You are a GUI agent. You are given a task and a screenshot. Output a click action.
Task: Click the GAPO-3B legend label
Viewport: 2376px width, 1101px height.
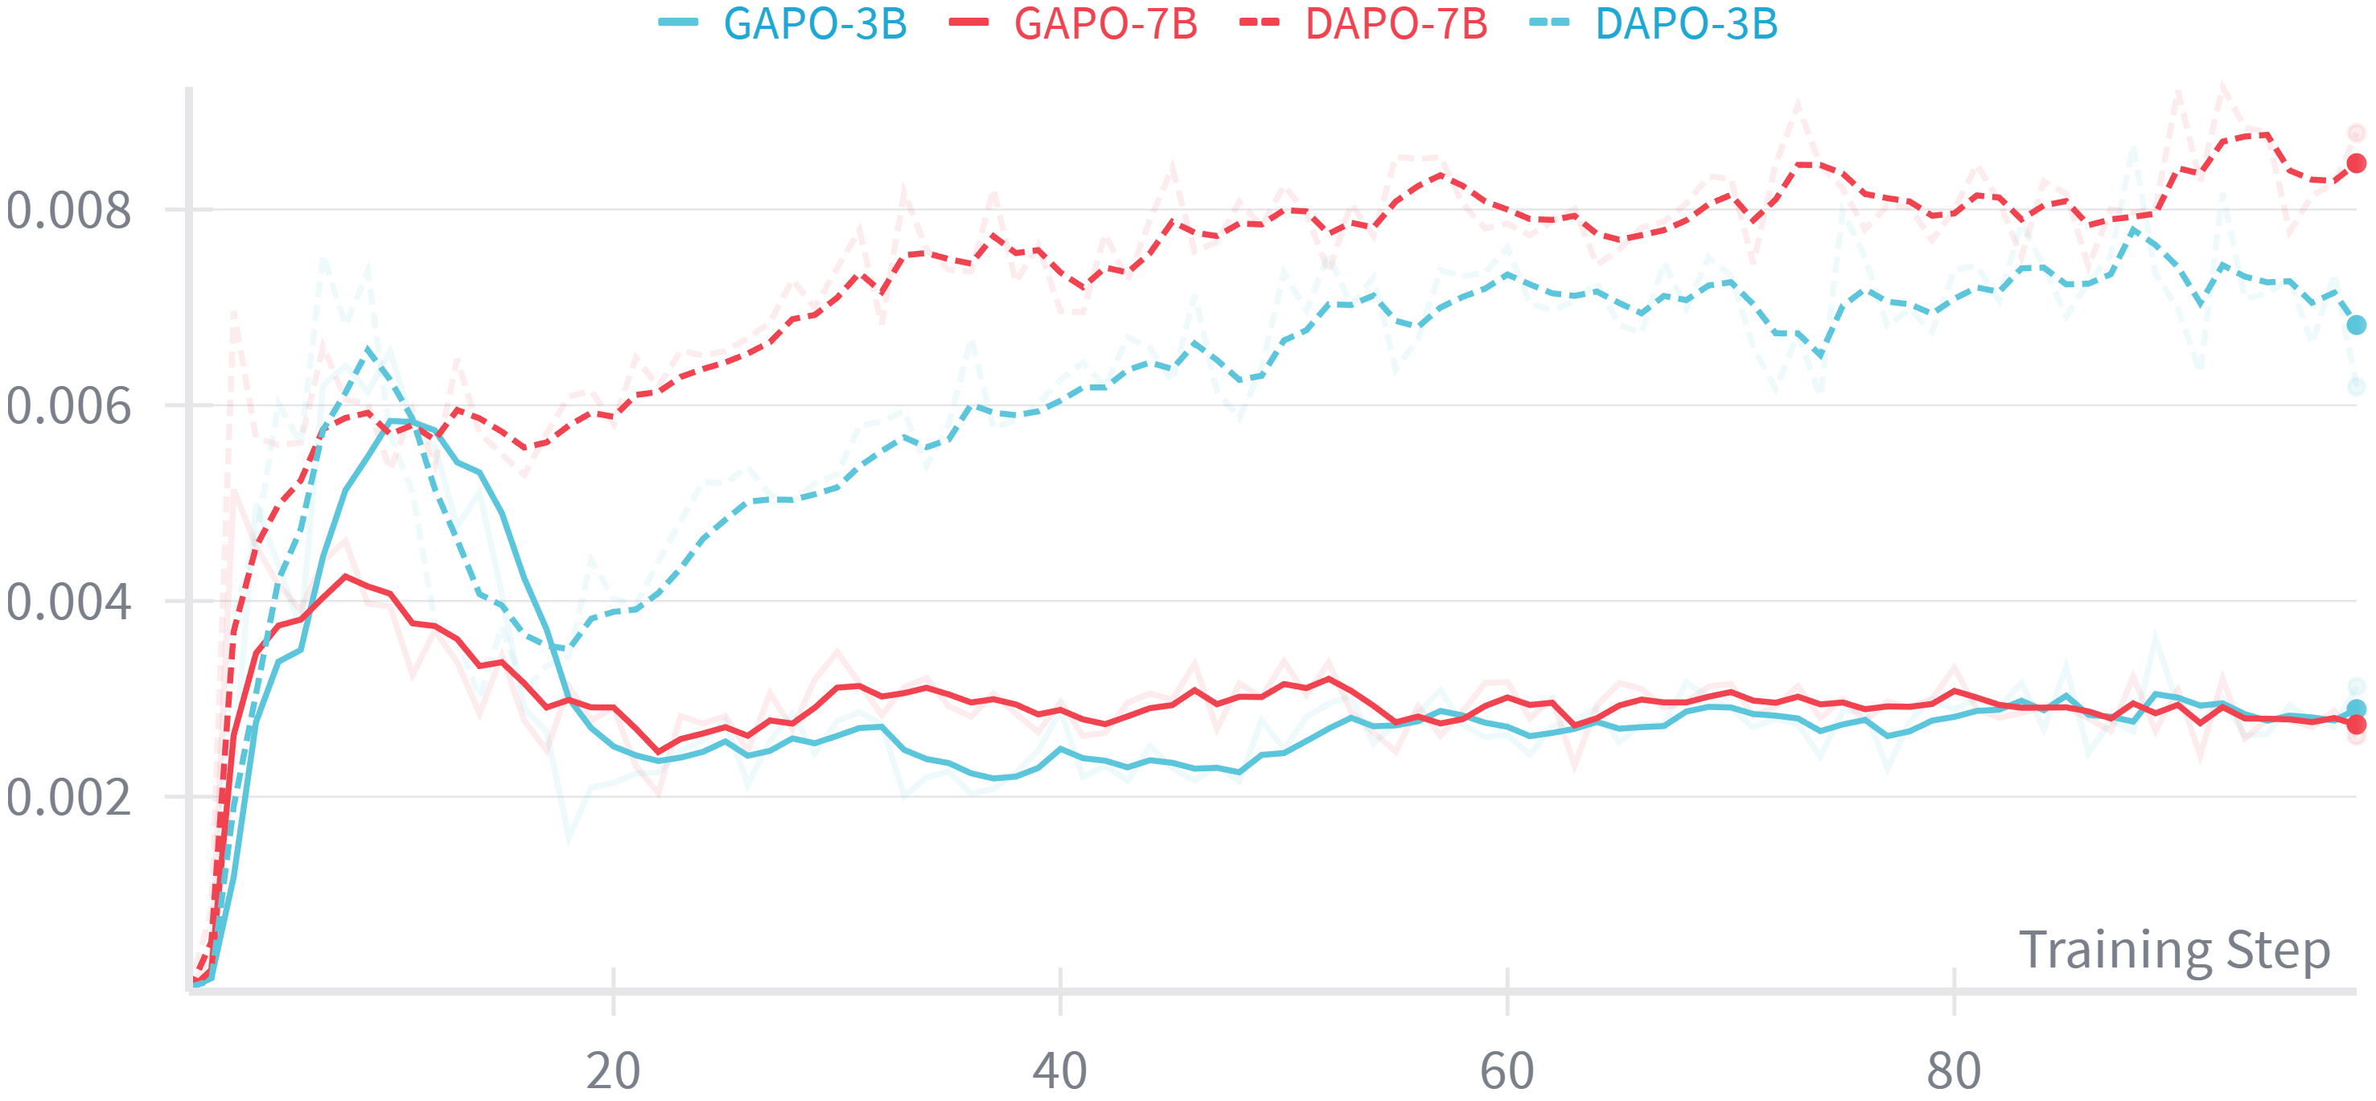click(x=816, y=24)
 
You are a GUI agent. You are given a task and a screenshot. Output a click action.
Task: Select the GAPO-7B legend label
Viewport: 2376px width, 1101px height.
click(x=1106, y=24)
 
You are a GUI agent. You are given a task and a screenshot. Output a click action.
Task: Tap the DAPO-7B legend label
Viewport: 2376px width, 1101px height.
click(x=1396, y=24)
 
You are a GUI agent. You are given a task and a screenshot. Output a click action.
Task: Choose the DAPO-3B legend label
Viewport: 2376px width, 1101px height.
click(x=1686, y=24)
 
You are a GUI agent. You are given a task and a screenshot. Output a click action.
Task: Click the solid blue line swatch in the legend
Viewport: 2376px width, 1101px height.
click(x=679, y=23)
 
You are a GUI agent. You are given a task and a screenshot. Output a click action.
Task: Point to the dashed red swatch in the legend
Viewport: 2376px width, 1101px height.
click(x=1259, y=23)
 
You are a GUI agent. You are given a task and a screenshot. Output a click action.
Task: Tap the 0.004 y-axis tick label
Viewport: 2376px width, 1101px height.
click(x=68, y=602)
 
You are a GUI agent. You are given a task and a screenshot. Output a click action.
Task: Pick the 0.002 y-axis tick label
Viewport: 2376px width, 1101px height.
click(x=68, y=798)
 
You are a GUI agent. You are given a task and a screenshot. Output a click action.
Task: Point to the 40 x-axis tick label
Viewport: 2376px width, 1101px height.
click(x=1060, y=1070)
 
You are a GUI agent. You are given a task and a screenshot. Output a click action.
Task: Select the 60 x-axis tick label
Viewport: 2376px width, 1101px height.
click(x=1507, y=1070)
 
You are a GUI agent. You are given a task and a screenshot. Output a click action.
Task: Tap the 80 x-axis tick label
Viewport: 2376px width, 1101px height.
click(x=1954, y=1070)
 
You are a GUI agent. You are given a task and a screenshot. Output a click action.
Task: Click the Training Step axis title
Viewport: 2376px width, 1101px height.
click(x=2174, y=950)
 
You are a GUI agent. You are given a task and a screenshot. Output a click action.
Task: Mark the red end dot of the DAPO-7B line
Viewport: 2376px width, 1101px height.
click(x=2356, y=163)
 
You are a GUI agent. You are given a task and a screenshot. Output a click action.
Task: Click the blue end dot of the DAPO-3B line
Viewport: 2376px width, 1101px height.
click(x=2356, y=325)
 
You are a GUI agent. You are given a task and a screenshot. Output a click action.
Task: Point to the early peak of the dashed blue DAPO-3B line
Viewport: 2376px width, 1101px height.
click(x=368, y=348)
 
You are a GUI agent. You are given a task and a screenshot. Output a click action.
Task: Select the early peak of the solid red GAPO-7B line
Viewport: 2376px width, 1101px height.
click(x=346, y=577)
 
